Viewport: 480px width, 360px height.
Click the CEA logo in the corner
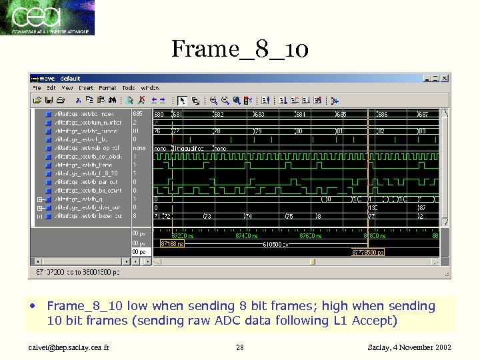pyautogui.click(x=47, y=17)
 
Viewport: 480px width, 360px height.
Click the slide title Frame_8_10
pyautogui.click(x=239, y=49)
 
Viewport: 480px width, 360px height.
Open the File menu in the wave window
pyautogui.click(x=37, y=88)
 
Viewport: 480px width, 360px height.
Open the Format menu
pyautogui.click(x=107, y=88)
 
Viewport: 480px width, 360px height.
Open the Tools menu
pyautogui.click(x=129, y=88)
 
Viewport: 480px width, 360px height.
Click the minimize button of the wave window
pyautogui.click(x=427, y=78)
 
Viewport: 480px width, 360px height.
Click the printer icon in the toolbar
pyautogui.click(x=61, y=101)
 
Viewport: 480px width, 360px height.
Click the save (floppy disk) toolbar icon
pyautogui.click(x=49, y=101)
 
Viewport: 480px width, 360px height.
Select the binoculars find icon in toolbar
pyautogui.click(x=113, y=101)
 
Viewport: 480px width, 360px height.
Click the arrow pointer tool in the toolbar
pyautogui.click(x=182, y=101)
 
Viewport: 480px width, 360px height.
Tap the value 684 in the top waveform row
pyautogui.click(x=301, y=114)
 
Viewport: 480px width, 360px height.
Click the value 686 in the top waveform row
pyautogui.click(x=382, y=114)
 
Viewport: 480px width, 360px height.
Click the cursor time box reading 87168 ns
pyautogui.click(x=172, y=244)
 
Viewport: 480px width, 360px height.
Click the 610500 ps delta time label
pyautogui.click(x=273, y=244)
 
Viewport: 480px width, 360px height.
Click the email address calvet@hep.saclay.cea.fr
pyautogui.click(x=69, y=347)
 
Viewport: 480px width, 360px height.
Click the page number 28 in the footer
pyautogui.click(x=240, y=347)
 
